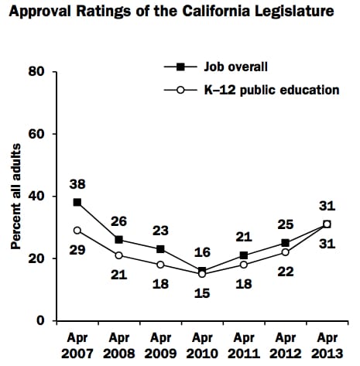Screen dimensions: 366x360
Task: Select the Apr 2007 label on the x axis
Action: (77, 346)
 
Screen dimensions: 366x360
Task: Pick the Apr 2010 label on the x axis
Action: (201, 346)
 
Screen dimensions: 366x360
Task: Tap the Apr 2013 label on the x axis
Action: (326, 346)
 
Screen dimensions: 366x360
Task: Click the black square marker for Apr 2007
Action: (77, 202)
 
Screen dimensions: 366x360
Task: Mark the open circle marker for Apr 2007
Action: (77, 230)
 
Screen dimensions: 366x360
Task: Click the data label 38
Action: (78, 185)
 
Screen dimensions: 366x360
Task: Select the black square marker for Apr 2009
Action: (160, 248)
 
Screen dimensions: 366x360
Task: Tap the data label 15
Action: (201, 290)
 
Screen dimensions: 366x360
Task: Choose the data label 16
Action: (201, 253)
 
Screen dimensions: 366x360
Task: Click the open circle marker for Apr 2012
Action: (285, 252)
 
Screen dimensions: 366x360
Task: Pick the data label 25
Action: (286, 224)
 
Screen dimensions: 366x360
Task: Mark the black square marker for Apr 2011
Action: (243, 255)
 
